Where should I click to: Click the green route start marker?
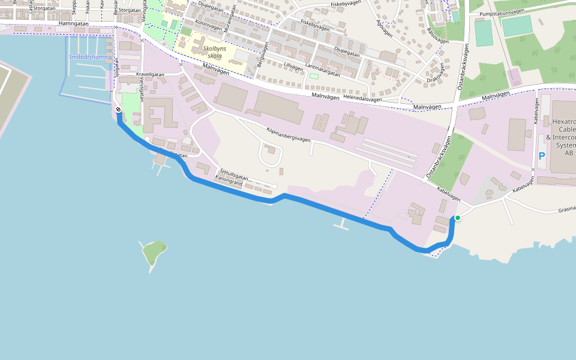(457, 218)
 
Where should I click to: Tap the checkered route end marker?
(119, 110)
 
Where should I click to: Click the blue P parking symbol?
(542, 156)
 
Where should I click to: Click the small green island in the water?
(154, 253)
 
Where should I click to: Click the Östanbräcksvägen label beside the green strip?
(439, 157)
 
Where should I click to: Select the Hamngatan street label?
(74, 23)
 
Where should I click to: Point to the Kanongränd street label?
(229, 183)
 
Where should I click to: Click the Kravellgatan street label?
(150, 74)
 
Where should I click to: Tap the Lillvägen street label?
(293, 67)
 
